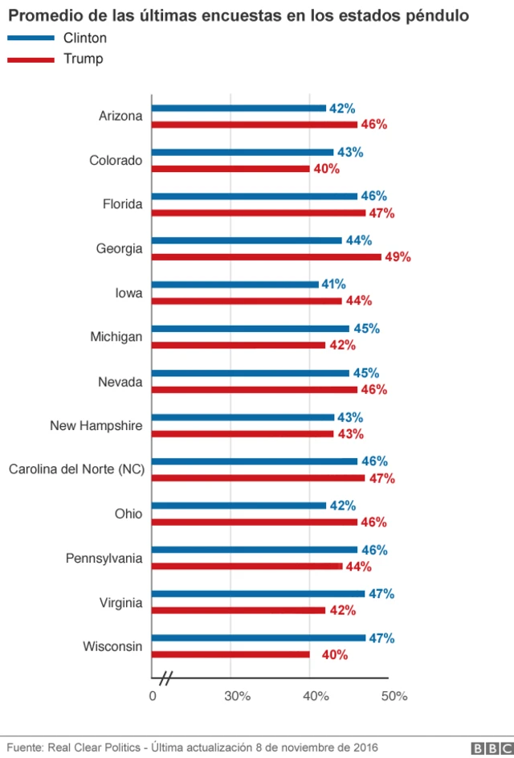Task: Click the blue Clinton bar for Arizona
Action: pyautogui.click(x=239, y=108)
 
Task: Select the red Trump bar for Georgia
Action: pyautogui.click(x=267, y=257)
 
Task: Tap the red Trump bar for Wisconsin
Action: pyautogui.click(x=230, y=654)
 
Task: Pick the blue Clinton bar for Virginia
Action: pyautogui.click(x=258, y=594)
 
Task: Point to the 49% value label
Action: pyautogui.click(x=398, y=257)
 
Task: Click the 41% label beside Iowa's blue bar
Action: pyautogui.click(x=333, y=284)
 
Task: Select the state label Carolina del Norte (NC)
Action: pyautogui.click(x=76, y=469)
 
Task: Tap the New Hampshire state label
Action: pyautogui.click(x=96, y=425)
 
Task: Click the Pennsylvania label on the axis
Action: pyautogui.click(x=104, y=558)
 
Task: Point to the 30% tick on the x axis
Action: pyautogui.click(x=238, y=696)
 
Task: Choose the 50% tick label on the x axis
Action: pyautogui.click(x=394, y=696)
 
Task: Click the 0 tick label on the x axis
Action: pyautogui.click(x=153, y=696)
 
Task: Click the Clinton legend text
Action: pyautogui.click(x=85, y=38)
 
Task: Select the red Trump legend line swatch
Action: pyautogui.click(x=31, y=59)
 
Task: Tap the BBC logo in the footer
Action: pyautogui.click(x=488, y=748)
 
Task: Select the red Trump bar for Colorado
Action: pyautogui.click(x=230, y=169)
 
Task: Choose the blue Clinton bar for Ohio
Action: pyautogui.click(x=239, y=506)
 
